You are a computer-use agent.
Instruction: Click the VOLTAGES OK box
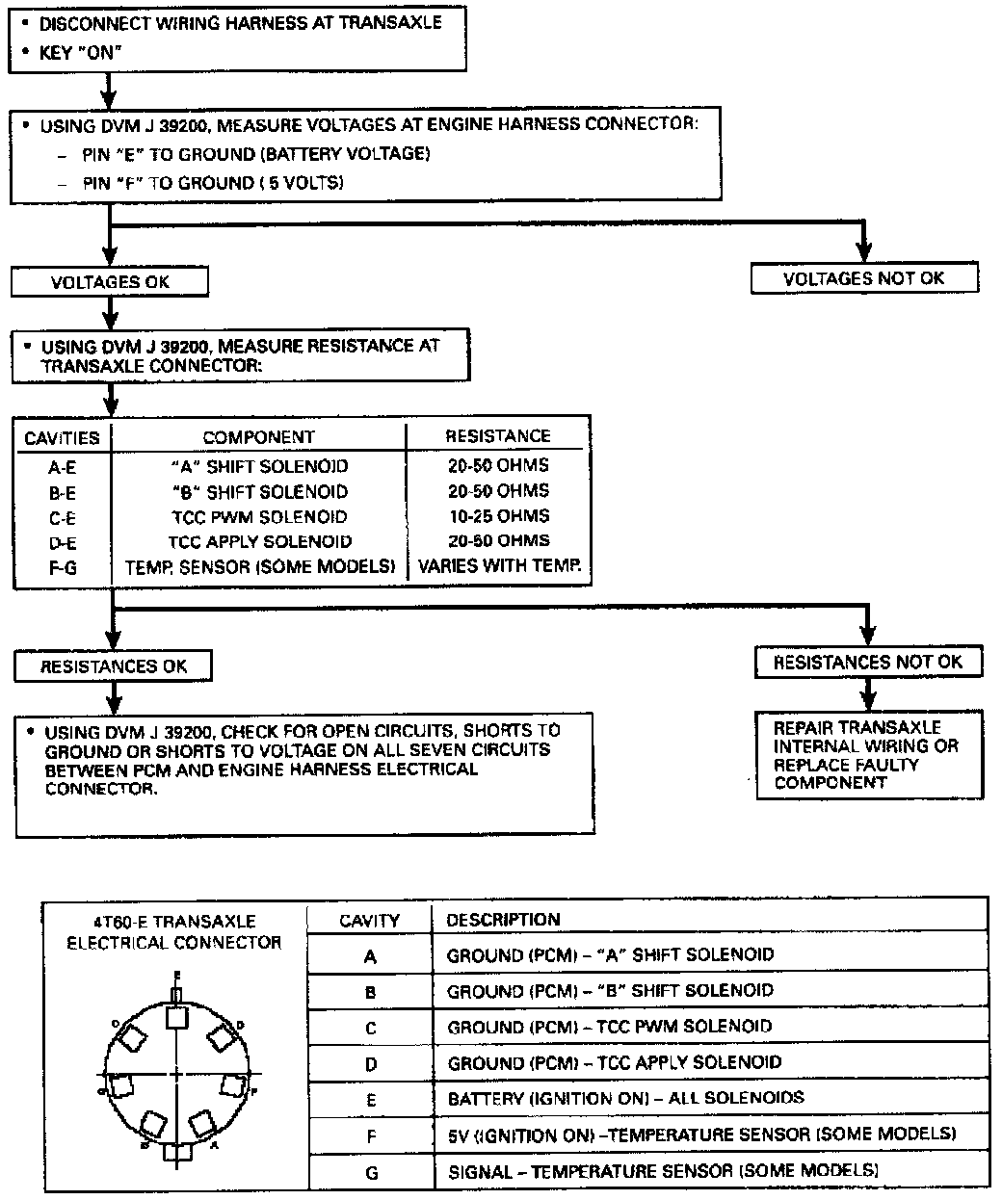pos(109,281)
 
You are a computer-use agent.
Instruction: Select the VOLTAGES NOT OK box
pos(863,278)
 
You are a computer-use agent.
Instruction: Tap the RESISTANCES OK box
pos(114,666)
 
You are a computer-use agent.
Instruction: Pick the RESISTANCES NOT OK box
pos(867,662)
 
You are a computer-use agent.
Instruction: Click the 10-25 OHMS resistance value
pos(498,516)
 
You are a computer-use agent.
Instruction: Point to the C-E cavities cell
pos(63,517)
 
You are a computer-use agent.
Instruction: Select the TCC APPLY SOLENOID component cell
pos(260,541)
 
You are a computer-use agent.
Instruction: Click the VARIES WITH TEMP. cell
pos(499,566)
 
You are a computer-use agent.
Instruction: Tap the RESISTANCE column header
pos(497,436)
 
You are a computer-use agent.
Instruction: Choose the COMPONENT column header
pos(258,437)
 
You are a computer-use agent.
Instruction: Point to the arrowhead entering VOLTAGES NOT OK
pos(863,255)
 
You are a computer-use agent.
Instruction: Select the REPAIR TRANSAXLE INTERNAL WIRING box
pos(867,755)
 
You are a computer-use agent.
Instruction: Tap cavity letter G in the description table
pos(370,1172)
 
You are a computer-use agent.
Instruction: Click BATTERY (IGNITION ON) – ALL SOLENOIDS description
pos(624,1098)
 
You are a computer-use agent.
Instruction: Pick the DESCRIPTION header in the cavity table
pos(502,920)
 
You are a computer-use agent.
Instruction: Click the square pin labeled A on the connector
pos(201,1123)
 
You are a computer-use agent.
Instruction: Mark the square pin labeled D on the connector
pos(221,1038)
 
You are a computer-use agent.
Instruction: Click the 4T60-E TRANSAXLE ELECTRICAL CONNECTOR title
pos(173,932)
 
